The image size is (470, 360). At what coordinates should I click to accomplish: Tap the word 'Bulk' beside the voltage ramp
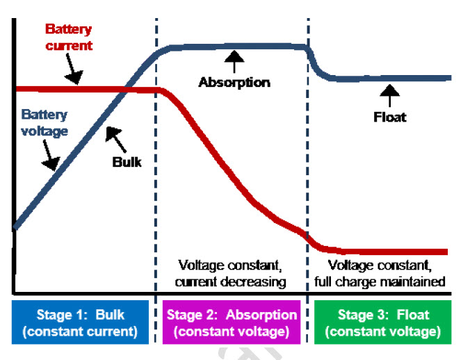click(127, 161)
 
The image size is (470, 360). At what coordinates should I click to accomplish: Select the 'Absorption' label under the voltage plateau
click(234, 82)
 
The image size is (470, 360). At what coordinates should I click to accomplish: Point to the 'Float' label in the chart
click(389, 117)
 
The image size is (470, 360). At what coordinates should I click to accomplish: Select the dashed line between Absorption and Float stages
click(307, 174)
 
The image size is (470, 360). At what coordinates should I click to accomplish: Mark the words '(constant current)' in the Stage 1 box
click(80, 332)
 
